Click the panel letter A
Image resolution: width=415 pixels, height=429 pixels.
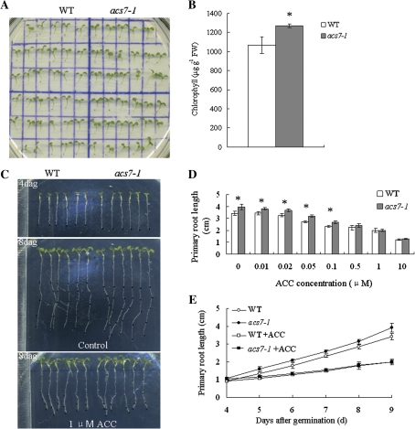(7, 8)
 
